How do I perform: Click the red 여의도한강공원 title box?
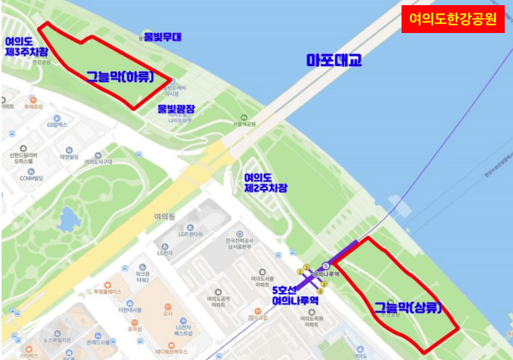coord(453,20)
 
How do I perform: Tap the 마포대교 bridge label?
coord(334,60)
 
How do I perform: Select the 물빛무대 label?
coord(163,37)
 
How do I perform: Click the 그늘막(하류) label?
coord(120,77)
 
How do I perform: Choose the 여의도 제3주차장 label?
coord(26,46)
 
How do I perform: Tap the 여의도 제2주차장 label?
coord(266,183)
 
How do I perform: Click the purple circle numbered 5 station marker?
coord(325,266)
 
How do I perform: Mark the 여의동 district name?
coord(165,217)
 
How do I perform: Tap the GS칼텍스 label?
coord(57,125)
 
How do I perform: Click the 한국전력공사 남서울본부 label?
coord(239,243)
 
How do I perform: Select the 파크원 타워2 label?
coord(141,277)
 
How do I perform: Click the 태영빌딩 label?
coord(69,156)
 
